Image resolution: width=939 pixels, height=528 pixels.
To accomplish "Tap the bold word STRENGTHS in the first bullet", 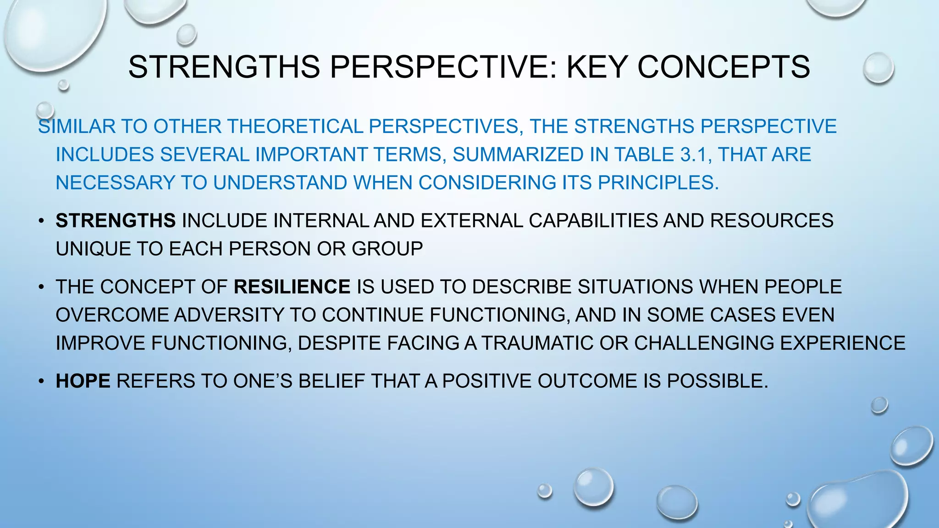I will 116,221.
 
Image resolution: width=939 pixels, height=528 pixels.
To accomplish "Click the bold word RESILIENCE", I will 292,287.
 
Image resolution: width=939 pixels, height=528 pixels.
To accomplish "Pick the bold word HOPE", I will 83,381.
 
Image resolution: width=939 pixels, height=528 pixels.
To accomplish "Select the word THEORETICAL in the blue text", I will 295,126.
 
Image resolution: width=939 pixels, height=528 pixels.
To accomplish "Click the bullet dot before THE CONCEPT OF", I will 41,287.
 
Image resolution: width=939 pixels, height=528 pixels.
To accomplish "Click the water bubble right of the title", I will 878,68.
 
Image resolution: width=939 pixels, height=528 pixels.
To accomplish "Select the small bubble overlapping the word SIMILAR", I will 45,110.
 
